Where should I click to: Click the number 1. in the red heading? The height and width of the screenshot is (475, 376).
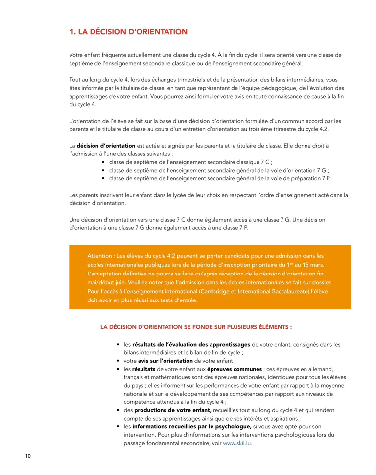pyautogui.click(x=72, y=32)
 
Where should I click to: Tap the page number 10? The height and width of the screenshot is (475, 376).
pyautogui.click(x=28, y=456)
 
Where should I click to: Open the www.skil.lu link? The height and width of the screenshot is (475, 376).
pyautogui.click(x=237, y=443)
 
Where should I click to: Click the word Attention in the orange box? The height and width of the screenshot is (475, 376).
pyautogui.click(x=100, y=256)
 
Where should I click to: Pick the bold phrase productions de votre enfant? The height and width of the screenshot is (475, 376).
pyautogui.click(x=173, y=410)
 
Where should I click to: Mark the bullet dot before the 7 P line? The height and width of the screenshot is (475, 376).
pyautogui.click(x=103, y=178)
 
